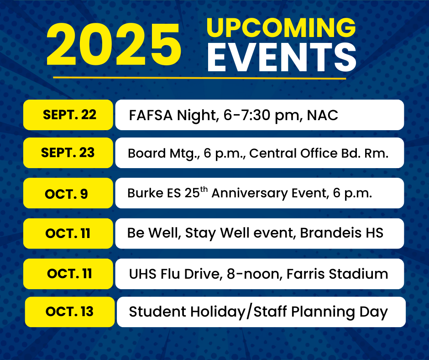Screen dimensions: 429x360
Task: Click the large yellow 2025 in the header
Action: [x=114, y=45]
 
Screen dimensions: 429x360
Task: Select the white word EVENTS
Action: [x=282, y=58]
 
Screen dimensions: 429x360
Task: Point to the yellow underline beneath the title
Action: [x=199, y=78]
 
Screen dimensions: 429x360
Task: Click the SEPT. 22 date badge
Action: [x=68, y=115]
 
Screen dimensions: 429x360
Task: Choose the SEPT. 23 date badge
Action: [x=68, y=153]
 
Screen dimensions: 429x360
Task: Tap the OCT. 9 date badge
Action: [x=68, y=193]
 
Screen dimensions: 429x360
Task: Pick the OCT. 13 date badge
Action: [x=70, y=312]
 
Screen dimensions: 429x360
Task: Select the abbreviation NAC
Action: [x=322, y=115]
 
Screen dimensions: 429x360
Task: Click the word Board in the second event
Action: [x=146, y=153]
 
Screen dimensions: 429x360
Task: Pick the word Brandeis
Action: [x=331, y=233]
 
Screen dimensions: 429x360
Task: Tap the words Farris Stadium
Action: [x=337, y=274]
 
